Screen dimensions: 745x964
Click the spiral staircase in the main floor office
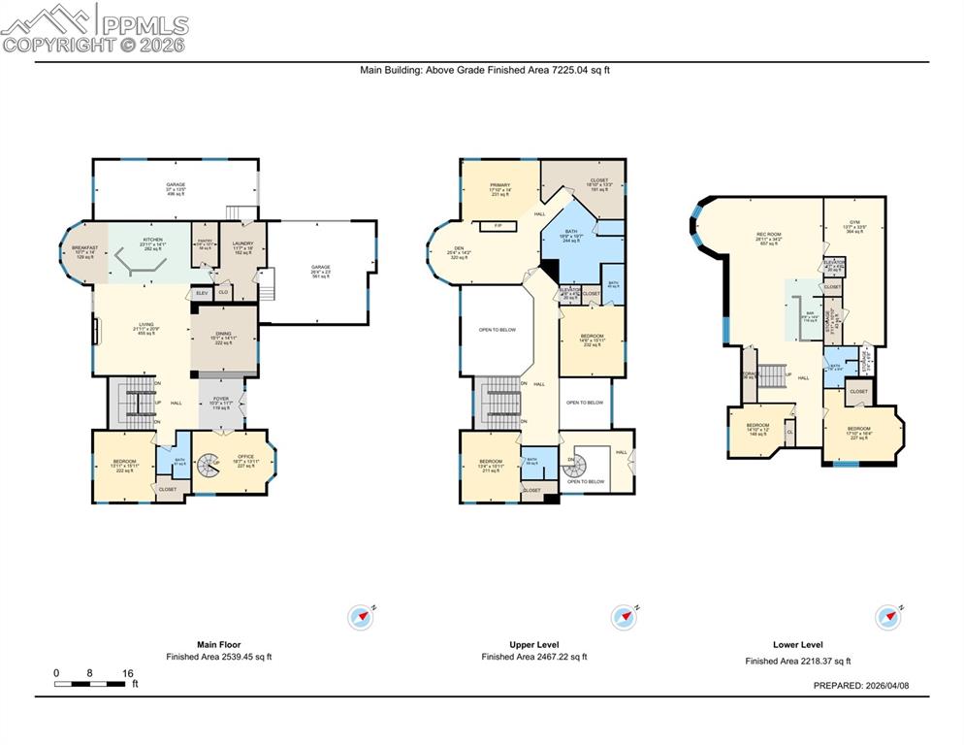coord(209,470)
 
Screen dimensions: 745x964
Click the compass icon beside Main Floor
coord(361,616)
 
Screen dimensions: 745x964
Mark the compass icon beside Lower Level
coord(888,616)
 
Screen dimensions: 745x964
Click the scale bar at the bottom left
coord(89,684)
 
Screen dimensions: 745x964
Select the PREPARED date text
coord(867,685)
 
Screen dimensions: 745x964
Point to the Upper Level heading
coord(534,644)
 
